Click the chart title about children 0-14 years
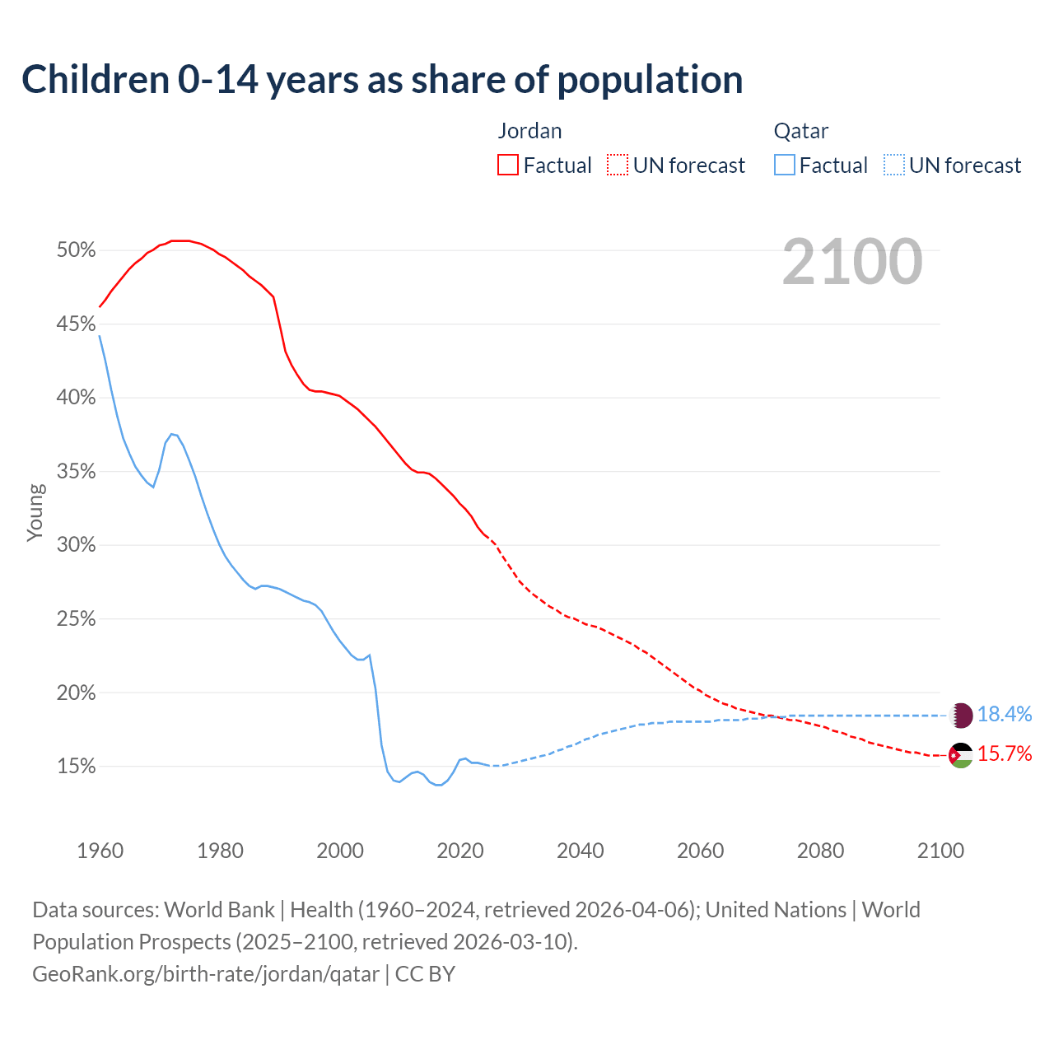tap(382, 80)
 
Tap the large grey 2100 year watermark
tap(852, 262)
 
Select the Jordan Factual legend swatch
tap(508, 166)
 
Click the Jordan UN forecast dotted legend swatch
tap(618, 166)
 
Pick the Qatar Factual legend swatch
tap(785, 166)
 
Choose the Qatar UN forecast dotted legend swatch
tap(894, 166)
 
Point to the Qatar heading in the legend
tap(800, 131)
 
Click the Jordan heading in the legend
tap(529, 131)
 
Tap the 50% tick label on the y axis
tap(76, 250)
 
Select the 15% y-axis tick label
tap(76, 767)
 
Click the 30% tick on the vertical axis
tap(76, 545)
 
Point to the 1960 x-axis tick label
tap(100, 851)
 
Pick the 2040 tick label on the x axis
tap(581, 851)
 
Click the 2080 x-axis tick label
tap(820, 851)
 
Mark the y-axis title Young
tap(35, 512)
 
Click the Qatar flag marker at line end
tap(961, 715)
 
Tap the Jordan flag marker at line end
tap(960, 755)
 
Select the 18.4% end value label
tap(1005, 715)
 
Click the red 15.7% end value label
tap(1005, 754)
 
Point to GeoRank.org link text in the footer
tap(206, 974)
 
